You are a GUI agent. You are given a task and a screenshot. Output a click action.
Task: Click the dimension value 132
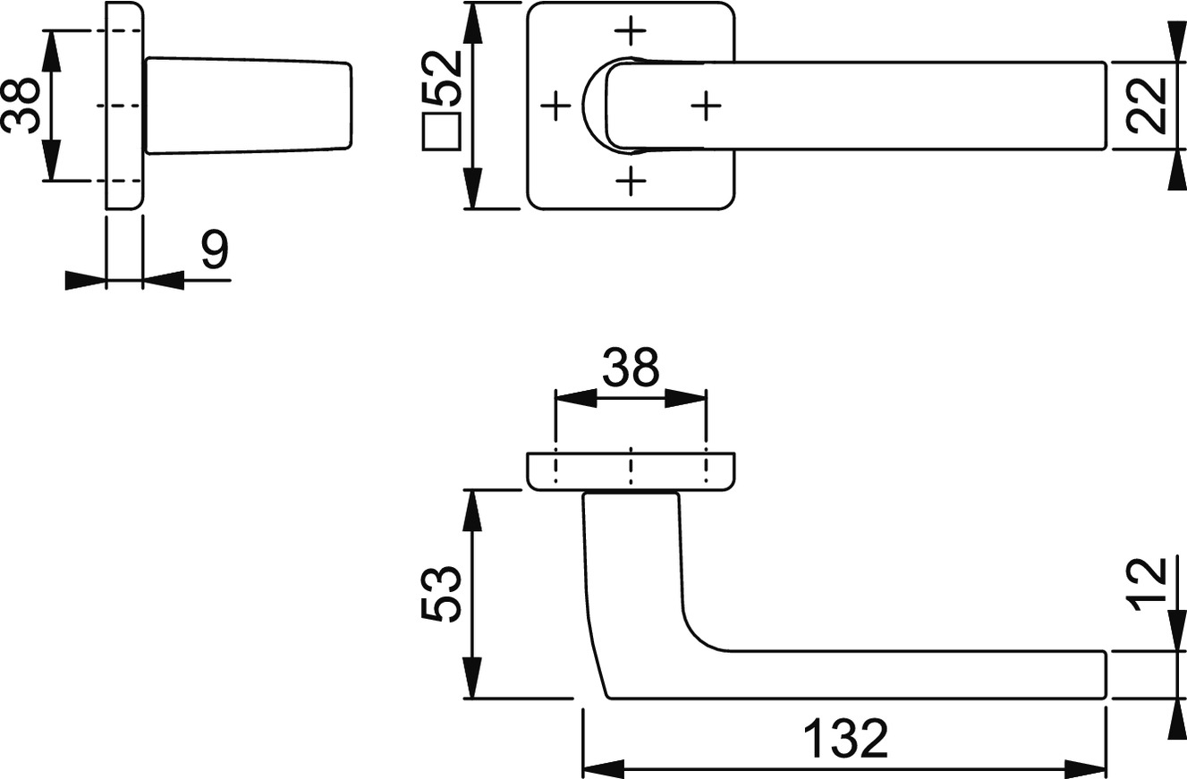coord(845,739)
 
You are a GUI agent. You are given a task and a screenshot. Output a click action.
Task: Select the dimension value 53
coord(441,594)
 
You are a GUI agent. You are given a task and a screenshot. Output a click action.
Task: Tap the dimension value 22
coord(1147,106)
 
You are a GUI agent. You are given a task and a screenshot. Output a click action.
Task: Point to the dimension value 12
coord(1147,585)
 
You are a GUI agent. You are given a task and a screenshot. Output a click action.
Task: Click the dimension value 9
coord(216,249)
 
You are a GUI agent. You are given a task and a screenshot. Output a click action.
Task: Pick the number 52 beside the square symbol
coord(442,78)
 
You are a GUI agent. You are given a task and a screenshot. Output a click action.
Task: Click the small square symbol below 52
coord(441,132)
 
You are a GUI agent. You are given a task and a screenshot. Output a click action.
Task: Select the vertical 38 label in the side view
coord(21,106)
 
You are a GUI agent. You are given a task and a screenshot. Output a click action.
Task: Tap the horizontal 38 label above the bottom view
coord(631,367)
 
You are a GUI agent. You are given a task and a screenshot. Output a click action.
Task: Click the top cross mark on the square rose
coord(630,30)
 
